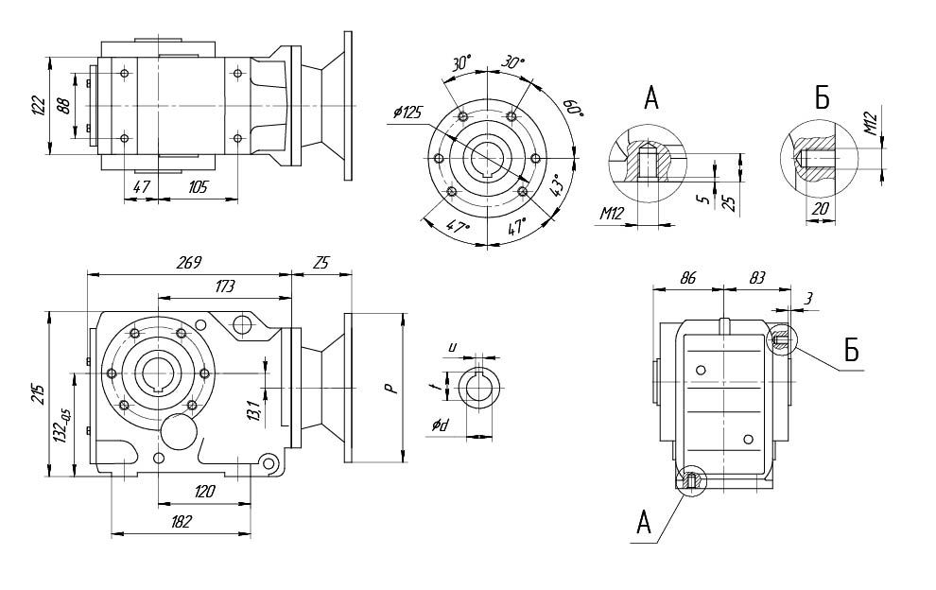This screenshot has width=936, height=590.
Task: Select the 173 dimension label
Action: point(224,285)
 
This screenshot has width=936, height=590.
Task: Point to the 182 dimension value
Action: point(181,521)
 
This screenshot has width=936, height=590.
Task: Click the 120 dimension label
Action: point(204,491)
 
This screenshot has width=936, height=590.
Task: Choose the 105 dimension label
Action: point(198,186)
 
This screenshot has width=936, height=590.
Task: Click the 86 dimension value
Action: point(688,279)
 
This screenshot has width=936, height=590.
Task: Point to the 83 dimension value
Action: point(756,279)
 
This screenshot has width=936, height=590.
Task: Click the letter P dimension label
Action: point(391,388)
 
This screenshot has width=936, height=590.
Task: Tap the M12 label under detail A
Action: point(611,215)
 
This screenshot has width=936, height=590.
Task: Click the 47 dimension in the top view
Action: point(142,186)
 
